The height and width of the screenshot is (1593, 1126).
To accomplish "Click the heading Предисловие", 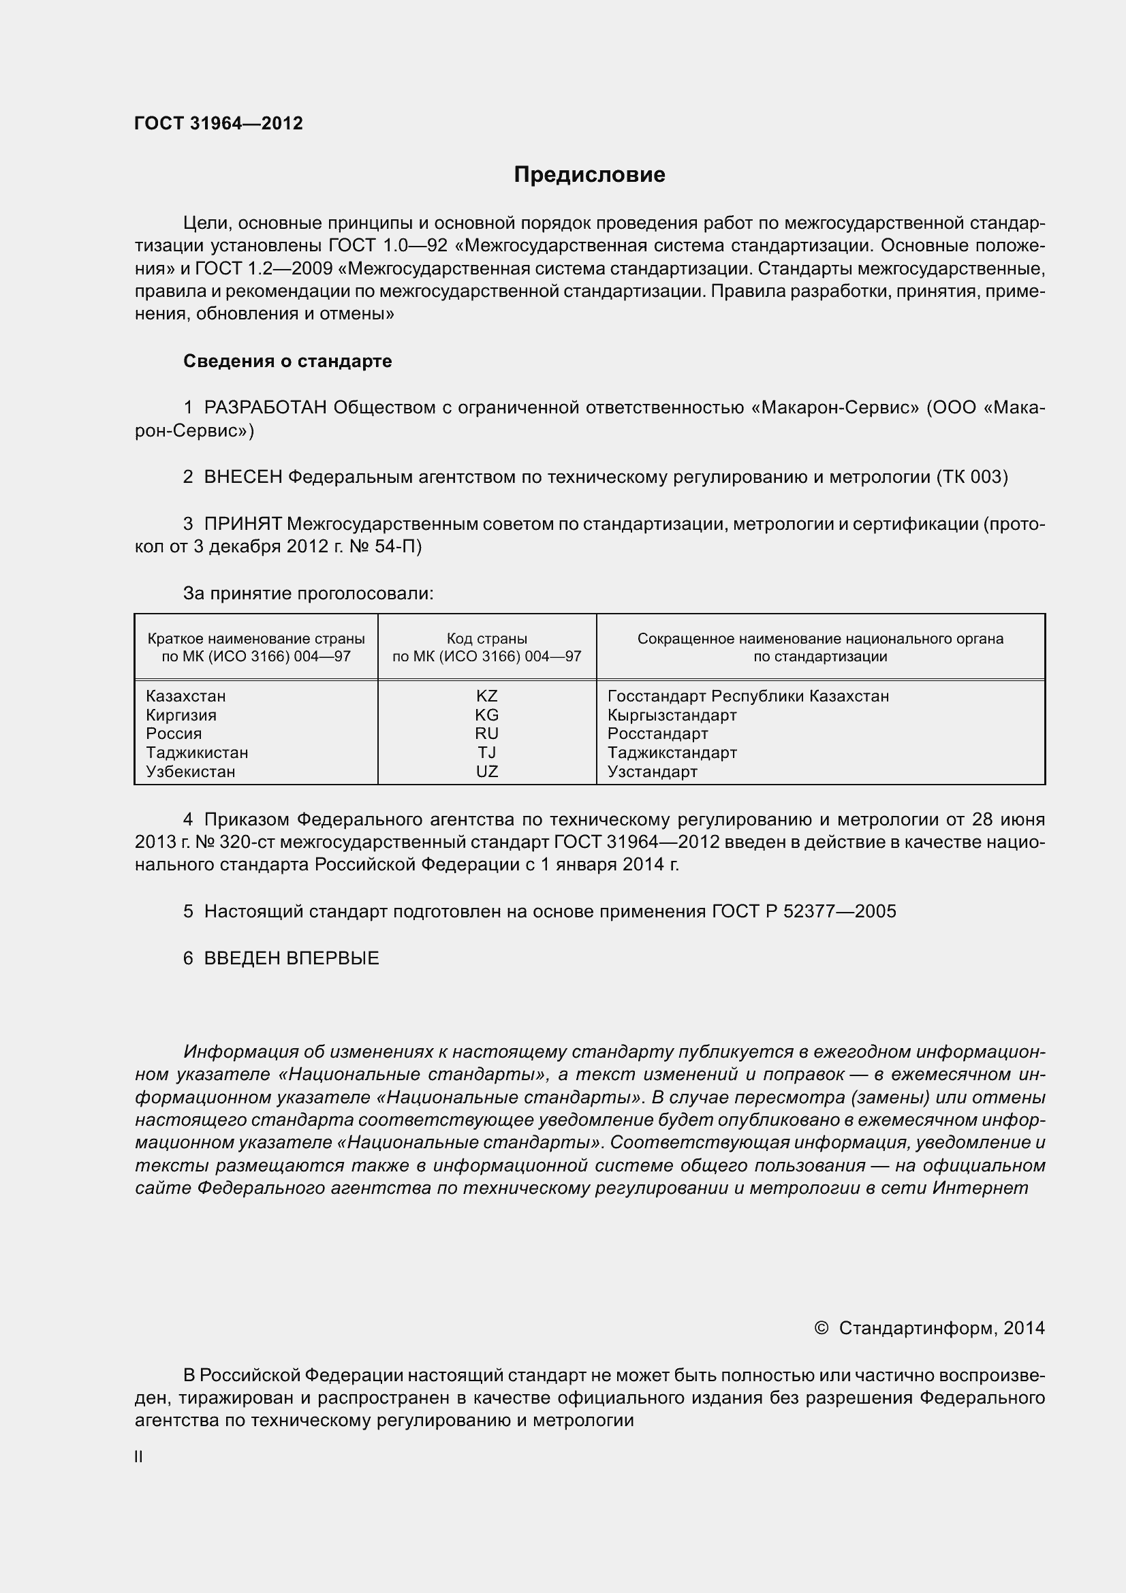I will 589,174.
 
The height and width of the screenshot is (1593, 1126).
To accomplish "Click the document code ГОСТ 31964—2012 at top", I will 219,123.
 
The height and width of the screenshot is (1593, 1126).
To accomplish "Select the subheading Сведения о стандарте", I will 287,361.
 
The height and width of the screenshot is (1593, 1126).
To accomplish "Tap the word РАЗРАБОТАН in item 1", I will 265,407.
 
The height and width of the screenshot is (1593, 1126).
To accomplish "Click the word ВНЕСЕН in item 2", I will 243,477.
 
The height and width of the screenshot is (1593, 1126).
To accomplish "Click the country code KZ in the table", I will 486,696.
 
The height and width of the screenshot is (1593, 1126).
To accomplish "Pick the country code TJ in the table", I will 486,753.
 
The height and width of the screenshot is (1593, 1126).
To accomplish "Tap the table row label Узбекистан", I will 190,772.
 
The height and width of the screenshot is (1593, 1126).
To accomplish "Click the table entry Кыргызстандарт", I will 672,714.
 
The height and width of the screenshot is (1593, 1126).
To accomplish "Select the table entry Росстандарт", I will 657,734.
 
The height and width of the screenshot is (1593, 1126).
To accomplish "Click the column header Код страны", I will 486,638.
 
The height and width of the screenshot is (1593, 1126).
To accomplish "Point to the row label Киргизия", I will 181,714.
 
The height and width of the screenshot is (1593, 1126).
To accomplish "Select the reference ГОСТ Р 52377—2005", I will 803,911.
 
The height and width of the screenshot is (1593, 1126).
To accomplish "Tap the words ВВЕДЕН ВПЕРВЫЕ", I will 292,958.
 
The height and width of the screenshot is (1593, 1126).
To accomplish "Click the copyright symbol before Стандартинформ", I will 821,1328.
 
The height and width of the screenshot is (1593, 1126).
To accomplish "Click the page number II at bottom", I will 139,1457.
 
